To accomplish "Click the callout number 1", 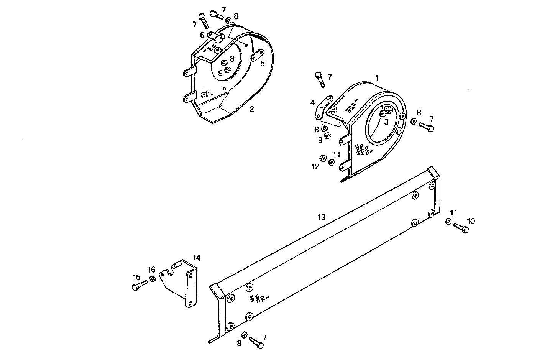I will (377, 78).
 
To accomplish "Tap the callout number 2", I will (251, 109).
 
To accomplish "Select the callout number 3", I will (386, 122).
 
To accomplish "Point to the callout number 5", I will (263, 64).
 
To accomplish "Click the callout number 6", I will (202, 35).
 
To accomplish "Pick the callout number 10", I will (471, 221).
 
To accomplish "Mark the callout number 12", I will (315, 167).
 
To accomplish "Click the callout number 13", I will (322, 217).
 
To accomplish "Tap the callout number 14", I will (196, 258).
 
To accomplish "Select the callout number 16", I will (152, 270).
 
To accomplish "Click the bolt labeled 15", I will (139, 286).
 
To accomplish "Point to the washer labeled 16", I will (152, 279).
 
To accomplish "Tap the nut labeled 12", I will (323, 158).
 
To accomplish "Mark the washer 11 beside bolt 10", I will (448, 222).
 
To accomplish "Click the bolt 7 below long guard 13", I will (256, 342).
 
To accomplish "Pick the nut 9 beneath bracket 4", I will (327, 135).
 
